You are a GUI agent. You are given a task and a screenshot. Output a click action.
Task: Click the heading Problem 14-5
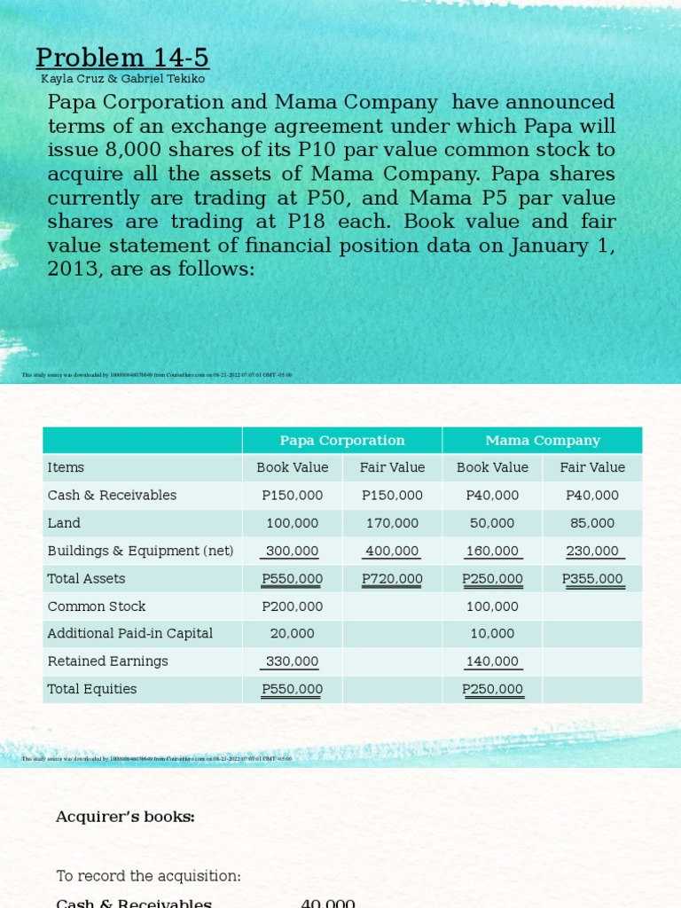(122, 58)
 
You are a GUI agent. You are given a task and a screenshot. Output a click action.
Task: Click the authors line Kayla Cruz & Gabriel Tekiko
(122, 79)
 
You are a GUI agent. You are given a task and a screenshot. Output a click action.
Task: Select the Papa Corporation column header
(342, 440)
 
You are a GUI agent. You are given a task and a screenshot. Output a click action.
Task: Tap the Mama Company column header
(543, 440)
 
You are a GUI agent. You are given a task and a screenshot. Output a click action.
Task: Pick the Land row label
(64, 523)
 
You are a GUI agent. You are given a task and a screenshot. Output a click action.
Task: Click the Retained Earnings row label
(107, 661)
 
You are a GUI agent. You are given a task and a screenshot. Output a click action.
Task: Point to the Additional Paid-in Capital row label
(129, 633)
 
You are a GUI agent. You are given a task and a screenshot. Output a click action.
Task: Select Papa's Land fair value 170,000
(392, 523)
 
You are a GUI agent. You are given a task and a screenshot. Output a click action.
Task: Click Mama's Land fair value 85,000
(592, 523)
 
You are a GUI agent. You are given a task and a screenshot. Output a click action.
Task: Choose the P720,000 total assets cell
(392, 579)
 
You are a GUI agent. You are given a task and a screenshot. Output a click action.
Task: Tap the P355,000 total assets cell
(592, 579)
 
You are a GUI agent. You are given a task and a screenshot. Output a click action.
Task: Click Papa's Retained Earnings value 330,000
(293, 661)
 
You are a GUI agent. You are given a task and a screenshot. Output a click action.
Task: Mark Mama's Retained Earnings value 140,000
(492, 661)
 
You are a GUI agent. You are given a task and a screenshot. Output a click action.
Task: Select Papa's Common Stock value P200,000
(293, 607)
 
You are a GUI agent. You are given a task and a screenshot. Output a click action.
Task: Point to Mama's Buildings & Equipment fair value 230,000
(592, 551)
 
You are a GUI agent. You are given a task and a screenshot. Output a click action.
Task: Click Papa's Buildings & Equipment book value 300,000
(293, 551)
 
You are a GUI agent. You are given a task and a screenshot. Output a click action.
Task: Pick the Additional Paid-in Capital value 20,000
(293, 633)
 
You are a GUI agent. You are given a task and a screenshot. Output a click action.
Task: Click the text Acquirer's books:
(125, 817)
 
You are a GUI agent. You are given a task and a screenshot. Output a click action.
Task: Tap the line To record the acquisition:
(148, 876)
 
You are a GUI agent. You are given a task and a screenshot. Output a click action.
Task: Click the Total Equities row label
(92, 689)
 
